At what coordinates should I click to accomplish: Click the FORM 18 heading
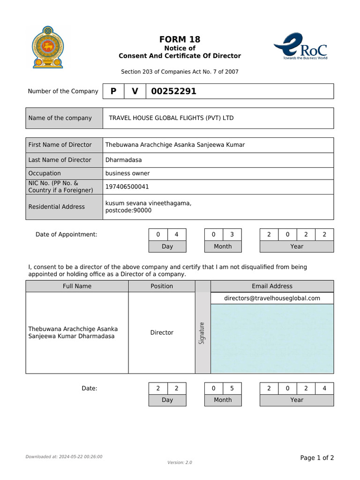point(180,39)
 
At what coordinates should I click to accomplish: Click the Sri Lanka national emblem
point(47,47)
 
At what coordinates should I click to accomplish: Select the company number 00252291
point(173,91)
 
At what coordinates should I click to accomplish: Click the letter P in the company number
point(113,91)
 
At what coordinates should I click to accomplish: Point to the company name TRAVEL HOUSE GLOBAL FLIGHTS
point(171,118)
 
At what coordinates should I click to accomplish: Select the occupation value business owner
point(127,173)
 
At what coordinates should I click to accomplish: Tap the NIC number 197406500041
point(127,187)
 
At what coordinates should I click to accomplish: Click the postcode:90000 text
point(128,210)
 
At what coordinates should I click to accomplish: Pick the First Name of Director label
point(60,145)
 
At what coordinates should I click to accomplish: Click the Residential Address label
point(57,207)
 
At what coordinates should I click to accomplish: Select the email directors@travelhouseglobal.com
point(272,298)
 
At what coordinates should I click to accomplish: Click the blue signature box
point(272,338)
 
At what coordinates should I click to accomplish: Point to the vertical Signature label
point(202,333)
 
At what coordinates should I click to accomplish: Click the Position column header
point(162,286)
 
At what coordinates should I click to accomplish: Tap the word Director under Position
point(162,333)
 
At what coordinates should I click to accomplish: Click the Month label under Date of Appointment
point(223,247)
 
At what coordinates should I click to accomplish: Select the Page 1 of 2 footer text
point(317,458)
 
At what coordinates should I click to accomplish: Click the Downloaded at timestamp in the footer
point(64,457)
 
